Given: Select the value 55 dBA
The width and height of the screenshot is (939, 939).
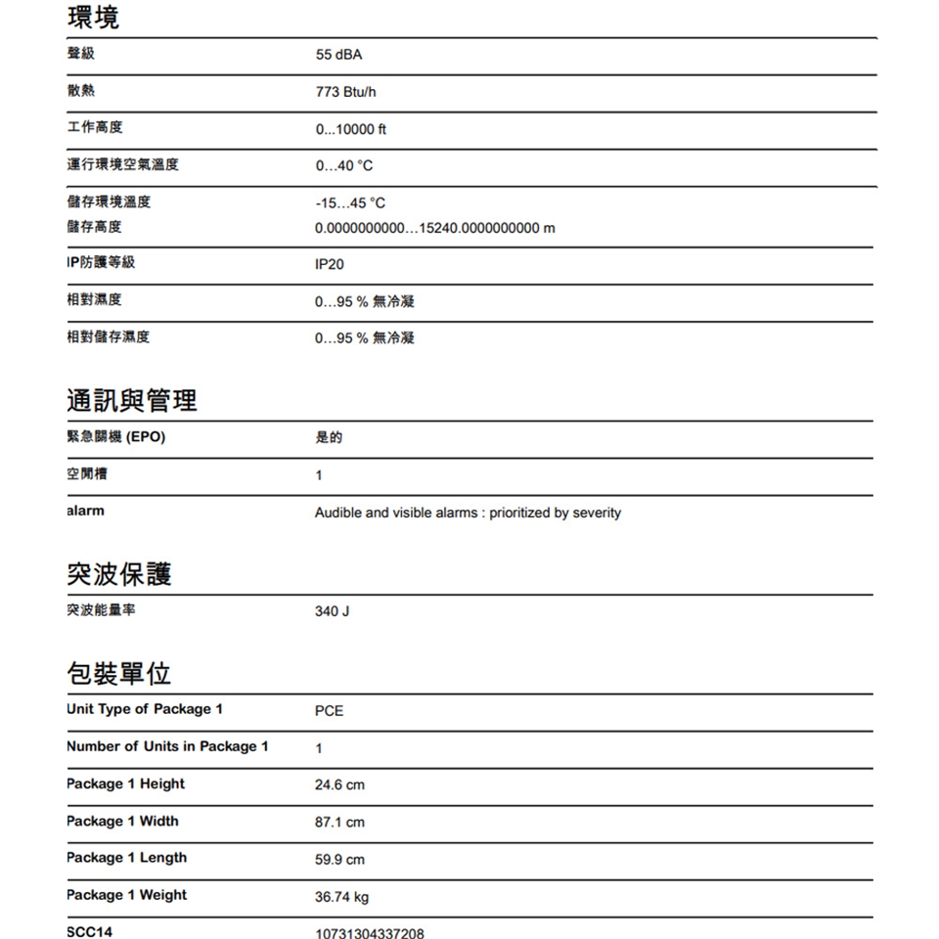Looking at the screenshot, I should (x=338, y=57).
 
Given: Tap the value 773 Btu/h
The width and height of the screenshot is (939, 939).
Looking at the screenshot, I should (x=345, y=93).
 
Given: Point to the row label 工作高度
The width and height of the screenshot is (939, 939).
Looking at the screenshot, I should (x=95, y=128).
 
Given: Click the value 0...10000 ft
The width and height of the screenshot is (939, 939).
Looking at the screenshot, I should (x=351, y=129).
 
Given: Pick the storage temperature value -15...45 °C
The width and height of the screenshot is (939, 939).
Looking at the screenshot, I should (x=350, y=203).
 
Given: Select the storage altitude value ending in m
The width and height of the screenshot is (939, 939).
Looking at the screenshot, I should (x=434, y=228).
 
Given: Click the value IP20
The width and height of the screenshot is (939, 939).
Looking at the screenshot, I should (x=330, y=265).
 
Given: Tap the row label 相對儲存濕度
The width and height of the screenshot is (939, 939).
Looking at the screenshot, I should (x=109, y=337).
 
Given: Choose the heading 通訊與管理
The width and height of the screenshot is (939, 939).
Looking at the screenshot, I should (x=132, y=400).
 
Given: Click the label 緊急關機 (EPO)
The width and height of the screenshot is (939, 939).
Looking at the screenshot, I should (x=115, y=437).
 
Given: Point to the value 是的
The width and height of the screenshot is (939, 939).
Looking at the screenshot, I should (x=329, y=438).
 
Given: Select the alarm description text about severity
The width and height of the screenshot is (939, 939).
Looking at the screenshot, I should (x=468, y=513).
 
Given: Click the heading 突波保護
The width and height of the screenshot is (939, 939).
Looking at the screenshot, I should (x=119, y=574).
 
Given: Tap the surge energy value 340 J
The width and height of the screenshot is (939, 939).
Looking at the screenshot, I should (x=332, y=611).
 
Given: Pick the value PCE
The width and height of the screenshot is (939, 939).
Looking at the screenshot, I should (x=330, y=711).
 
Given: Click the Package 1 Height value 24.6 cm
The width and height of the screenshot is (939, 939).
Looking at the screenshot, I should (x=339, y=785).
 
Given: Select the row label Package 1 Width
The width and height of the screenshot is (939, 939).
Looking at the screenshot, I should (x=122, y=821).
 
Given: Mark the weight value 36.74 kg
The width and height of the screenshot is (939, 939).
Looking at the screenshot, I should (x=341, y=897).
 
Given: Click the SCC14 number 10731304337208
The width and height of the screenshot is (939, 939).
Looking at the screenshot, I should (x=370, y=933).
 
